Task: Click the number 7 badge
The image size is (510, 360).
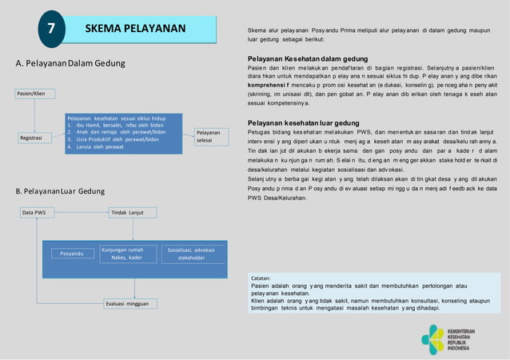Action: [51, 30]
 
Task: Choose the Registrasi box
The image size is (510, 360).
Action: [33, 139]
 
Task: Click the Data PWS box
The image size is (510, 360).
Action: [34, 213]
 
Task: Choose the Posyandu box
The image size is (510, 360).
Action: [72, 254]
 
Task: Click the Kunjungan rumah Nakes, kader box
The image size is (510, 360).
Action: [127, 254]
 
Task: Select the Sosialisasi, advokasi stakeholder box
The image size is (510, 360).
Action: [191, 254]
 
